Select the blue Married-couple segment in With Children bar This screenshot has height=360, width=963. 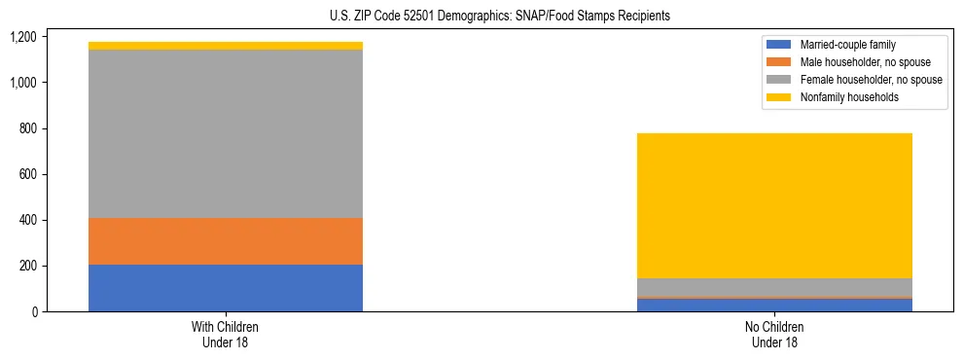pos(225,288)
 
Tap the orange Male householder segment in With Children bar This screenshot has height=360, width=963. pos(225,241)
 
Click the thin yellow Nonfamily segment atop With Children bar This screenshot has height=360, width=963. pos(225,46)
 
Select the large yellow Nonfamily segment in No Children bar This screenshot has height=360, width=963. pos(774,205)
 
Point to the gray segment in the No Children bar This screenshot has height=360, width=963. pos(774,287)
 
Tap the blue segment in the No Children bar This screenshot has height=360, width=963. pos(774,305)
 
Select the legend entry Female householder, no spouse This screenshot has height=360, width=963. pos(870,80)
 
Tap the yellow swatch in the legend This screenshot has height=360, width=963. pos(779,97)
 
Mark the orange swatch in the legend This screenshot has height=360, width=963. pos(779,62)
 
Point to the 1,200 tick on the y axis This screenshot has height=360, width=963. pos(22,37)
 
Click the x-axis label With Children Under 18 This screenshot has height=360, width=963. pos(225,335)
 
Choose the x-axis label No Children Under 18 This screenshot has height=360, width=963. pos(774,335)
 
